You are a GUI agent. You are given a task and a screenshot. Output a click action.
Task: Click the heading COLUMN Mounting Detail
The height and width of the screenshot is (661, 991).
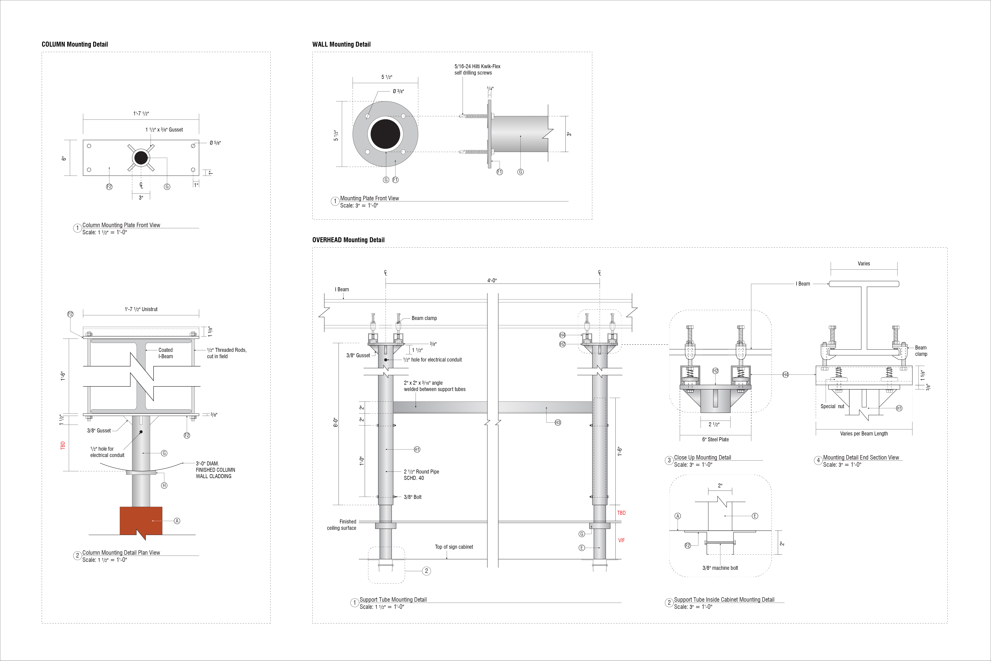click(75, 44)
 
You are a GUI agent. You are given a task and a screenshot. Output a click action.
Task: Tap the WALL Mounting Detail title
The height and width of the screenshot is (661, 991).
click(341, 44)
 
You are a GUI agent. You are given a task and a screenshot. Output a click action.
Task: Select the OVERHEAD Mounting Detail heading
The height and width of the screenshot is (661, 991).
click(348, 240)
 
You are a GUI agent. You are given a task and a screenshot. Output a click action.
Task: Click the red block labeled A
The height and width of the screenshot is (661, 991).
click(141, 521)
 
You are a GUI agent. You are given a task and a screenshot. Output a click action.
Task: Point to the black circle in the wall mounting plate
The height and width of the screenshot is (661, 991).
click(385, 133)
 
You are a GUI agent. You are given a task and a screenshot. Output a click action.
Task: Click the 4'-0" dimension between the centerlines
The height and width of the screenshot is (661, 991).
click(492, 281)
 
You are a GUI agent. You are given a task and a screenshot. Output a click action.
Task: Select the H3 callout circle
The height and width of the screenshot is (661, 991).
click(558, 422)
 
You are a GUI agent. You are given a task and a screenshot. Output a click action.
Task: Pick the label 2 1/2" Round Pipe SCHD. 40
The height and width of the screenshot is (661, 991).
click(421, 475)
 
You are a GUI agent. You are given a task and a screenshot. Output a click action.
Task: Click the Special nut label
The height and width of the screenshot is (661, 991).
click(832, 406)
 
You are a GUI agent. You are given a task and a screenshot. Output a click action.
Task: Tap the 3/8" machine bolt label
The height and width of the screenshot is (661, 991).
click(720, 568)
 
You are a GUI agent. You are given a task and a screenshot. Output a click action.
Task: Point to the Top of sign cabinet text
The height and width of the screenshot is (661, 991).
click(454, 547)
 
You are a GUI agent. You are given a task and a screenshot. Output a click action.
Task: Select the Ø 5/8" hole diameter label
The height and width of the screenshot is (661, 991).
click(215, 143)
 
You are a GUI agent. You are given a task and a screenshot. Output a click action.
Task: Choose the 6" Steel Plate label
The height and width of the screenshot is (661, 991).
click(715, 439)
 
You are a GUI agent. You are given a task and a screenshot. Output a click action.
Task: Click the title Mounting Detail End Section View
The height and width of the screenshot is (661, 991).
click(861, 457)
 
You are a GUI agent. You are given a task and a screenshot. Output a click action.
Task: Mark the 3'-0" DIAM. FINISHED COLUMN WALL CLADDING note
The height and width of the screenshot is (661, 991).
click(215, 470)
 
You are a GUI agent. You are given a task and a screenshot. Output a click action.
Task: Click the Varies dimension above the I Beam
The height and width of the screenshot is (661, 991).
click(864, 263)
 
